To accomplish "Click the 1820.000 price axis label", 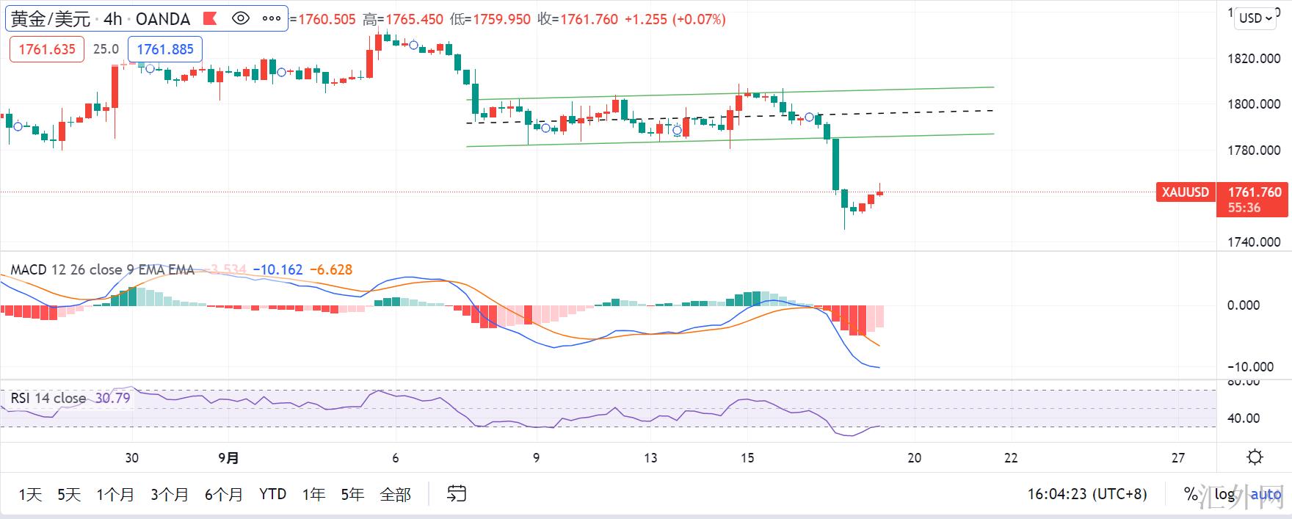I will [1254, 59].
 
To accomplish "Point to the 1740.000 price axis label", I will [1254, 242].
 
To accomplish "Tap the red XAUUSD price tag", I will [1185, 192].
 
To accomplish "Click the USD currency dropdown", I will [1256, 18].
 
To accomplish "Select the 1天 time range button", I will [30, 495].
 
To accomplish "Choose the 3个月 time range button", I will [170, 495].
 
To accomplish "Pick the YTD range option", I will [272, 495].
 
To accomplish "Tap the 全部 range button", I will [395, 495].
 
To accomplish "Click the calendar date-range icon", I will [457, 494].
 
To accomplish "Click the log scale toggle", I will [1224, 495].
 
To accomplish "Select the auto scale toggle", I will [1266, 495].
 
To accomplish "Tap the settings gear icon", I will [1255, 457].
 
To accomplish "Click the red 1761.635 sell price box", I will [47, 49].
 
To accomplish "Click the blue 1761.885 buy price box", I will [165, 49].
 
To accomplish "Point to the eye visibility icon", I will [241, 18].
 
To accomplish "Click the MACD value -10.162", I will [277, 270].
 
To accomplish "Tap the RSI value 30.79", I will [112, 399].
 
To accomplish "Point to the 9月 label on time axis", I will [228, 458].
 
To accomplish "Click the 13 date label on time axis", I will [650, 458].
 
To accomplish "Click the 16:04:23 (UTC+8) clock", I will [1086, 495].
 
